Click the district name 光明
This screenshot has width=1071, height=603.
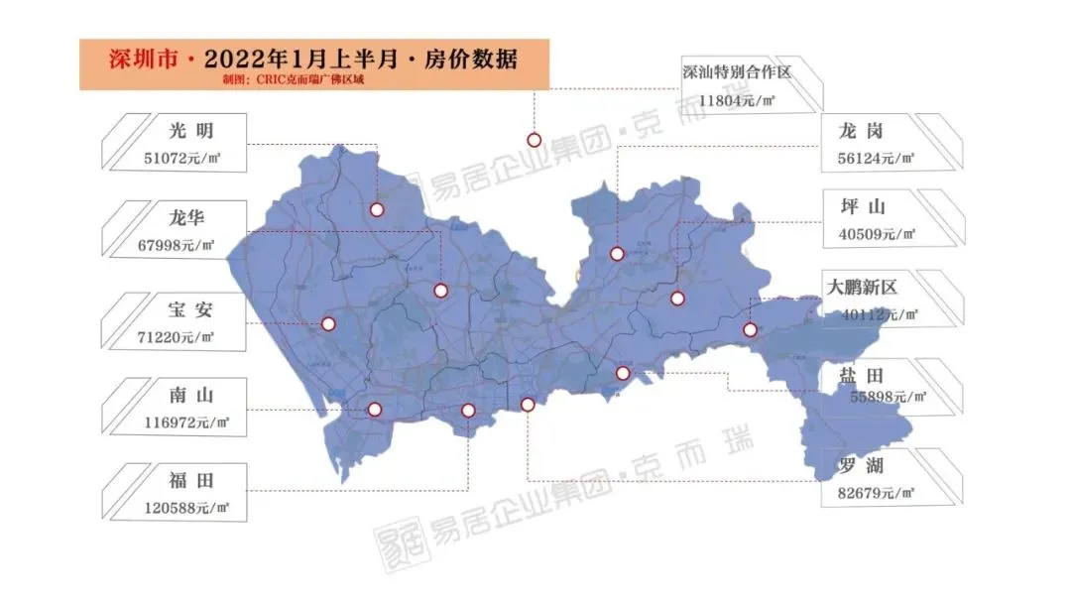click(191, 130)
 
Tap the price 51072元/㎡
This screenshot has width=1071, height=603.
click(179, 158)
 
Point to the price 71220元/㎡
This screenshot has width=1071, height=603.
click(178, 337)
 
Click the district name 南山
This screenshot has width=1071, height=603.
click(192, 396)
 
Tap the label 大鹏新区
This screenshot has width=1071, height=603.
click(863, 288)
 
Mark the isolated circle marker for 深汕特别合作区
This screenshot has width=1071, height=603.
click(534, 140)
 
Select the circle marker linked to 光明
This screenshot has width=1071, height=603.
click(377, 209)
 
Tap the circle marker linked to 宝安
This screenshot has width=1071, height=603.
click(328, 323)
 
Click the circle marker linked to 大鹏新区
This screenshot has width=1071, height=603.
click(750, 330)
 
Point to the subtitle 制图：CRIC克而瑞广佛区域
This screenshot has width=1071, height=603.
click(282, 79)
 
